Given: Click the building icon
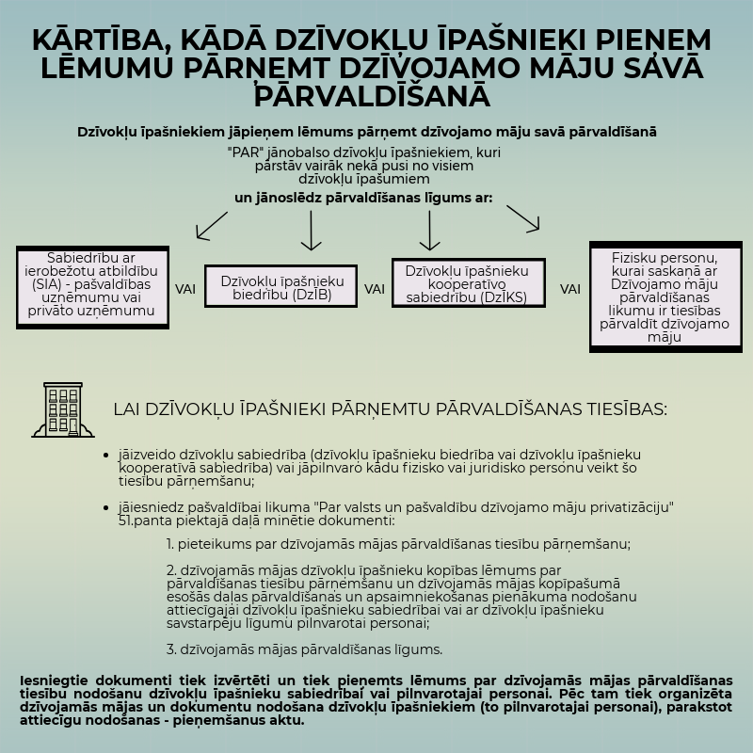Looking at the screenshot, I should coord(63,410).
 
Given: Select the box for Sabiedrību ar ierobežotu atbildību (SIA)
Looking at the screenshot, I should coord(92,287).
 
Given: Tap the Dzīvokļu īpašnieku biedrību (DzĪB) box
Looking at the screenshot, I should coord(282,287).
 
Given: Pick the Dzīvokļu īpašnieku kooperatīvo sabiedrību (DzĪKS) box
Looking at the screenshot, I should coord(468,283).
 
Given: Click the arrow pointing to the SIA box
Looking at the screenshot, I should coord(211,225).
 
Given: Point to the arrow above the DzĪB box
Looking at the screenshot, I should coord(311,231).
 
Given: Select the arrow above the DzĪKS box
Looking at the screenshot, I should coord(429,231).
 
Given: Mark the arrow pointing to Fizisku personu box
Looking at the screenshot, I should coord(523,218).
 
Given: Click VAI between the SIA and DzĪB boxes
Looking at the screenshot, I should coord(185,289).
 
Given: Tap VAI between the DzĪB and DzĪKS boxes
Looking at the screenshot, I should coord(375,289).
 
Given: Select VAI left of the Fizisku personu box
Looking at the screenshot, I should coord(570,289).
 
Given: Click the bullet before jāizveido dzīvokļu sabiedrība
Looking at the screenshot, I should coord(105,455).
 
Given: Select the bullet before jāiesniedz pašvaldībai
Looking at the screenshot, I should coord(105,507).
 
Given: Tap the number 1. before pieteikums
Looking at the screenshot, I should coord(171,544).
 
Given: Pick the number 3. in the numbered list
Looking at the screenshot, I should coord(171,649).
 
